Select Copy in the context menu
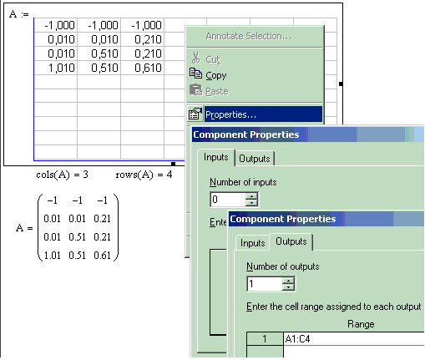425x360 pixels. (216, 75)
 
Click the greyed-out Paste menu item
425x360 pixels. (217, 91)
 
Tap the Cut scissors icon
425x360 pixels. (195, 58)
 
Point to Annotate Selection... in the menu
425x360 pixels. (249, 36)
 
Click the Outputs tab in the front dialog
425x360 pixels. (291, 241)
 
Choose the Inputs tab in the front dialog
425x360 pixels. (252, 243)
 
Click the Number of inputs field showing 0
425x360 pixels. (228, 200)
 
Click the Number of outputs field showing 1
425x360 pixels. (265, 284)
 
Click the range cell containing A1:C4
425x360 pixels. (354, 339)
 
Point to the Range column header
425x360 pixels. (361, 324)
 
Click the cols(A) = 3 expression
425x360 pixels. (62, 175)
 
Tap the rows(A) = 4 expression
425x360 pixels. (144, 175)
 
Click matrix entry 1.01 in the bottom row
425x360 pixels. (52, 255)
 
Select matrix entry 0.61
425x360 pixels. (102, 255)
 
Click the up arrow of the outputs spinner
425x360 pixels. (288, 281)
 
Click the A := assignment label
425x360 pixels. (19, 14)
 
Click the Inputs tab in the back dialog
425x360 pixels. (215, 157)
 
